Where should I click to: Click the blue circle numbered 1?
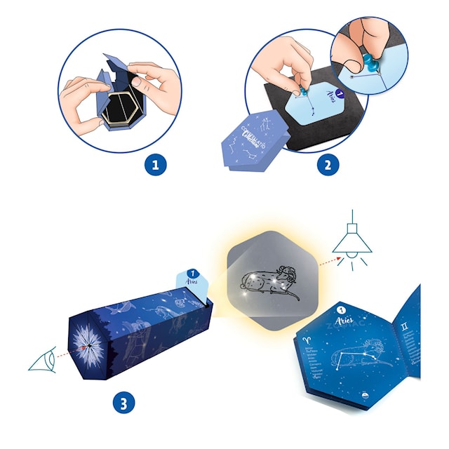pyautogui.click(x=156, y=166)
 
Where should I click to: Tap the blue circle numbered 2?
pyautogui.click(x=327, y=166)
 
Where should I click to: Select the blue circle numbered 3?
pyautogui.click(x=123, y=403)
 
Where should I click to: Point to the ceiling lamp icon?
pyautogui.click(x=351, y=243)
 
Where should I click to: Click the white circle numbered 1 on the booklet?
pyautogui.click(x=341, y=309)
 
